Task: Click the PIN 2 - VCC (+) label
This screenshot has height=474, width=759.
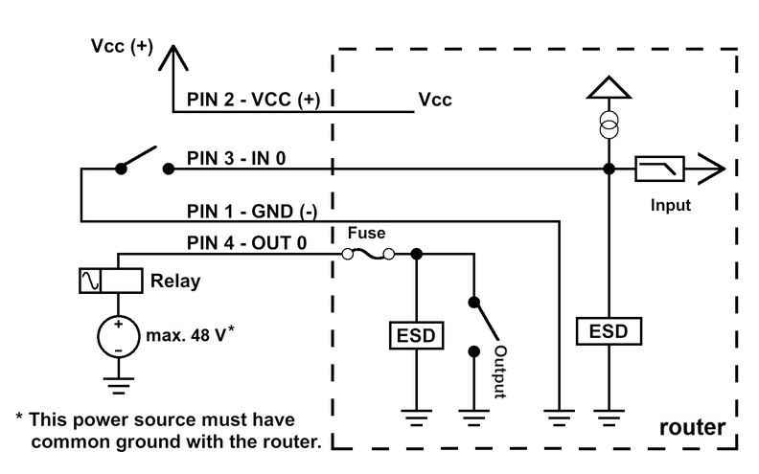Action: click(254, 100)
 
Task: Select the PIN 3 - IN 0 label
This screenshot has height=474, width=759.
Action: click(236, 158)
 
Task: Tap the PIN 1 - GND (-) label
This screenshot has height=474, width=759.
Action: click(252, 212)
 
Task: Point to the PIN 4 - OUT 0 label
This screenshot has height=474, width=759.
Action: click(247, 243)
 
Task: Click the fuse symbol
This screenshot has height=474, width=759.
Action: click(368, 254)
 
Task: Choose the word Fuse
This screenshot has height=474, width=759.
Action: click(366, 233)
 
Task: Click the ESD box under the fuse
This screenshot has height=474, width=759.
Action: click(416, 335)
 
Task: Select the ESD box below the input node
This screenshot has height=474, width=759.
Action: click(609, 331)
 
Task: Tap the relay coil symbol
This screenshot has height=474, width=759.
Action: click(111, 281)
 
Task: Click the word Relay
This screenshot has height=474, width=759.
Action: click(175, 281)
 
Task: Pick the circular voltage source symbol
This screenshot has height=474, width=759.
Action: click(118, 337)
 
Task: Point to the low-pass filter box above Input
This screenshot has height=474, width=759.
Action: click(659, 169)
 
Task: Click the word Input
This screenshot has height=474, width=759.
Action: click(671, 205)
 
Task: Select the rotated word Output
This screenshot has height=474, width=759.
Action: click(500, 372)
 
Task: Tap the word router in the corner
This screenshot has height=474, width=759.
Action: click(692, 427)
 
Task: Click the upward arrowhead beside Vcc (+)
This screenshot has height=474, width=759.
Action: click(172, 57)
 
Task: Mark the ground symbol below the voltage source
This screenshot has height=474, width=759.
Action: click(119, 386)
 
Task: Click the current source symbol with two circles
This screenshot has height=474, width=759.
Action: click(609, 125)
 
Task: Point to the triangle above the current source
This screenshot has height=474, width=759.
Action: click(609, 87)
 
